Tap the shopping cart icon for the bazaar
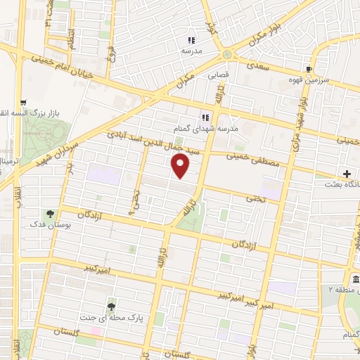pyautogui.click(x=23, y=102)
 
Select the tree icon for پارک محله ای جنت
pyautogui.click(x=111, y=306)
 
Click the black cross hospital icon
pyautogui.click(x=347, y=173)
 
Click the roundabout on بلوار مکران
pyautogui.click(x=227, y=54)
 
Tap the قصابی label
pyautogui.click(x=216, y=73)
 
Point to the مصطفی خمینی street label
pyautogui.click(x=253, y=158)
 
